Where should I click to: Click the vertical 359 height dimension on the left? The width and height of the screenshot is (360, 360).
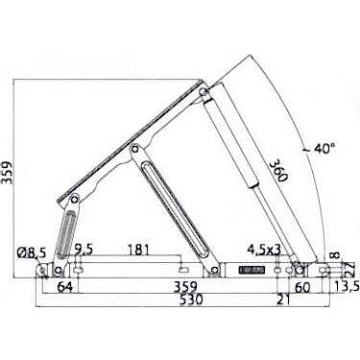tap(7, 173)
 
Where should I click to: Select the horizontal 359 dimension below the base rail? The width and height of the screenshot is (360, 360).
tap(185, 286)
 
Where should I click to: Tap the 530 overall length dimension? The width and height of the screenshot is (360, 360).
tap(191, 300)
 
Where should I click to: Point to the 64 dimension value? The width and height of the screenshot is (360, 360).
tap(65, 287)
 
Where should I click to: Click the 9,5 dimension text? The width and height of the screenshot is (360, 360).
tap(84, 250)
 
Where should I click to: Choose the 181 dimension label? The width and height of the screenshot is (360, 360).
tap(138, 250)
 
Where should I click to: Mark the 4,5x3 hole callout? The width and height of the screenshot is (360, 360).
tap(264, 250)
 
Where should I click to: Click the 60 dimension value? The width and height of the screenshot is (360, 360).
tap(302, 287)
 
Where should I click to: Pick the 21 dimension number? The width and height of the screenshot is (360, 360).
tap(283, 300)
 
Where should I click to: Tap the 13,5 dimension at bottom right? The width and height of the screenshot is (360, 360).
tap(348, 286)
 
